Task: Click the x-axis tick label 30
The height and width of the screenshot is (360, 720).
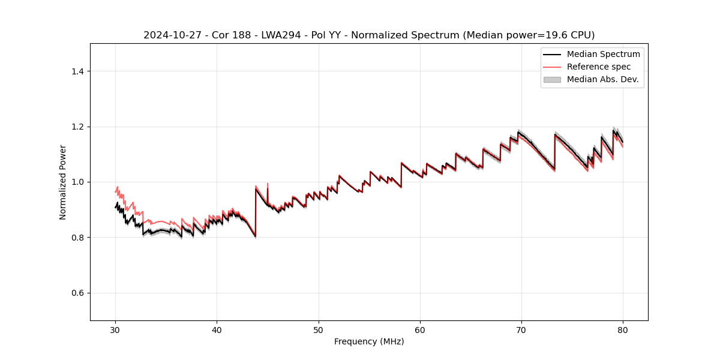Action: [x=115, y=329]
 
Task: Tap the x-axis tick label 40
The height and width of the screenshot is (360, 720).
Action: [x=217, y=329]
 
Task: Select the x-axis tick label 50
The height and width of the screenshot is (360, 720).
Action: [x=319, y=329]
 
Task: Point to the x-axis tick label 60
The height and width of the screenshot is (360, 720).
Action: [x=420, y=329]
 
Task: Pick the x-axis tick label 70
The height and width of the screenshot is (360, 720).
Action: [x=521, y=329]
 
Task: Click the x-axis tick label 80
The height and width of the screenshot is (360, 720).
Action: [x=623, y=329]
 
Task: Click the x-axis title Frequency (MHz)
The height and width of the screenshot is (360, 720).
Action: [x=369, y=341]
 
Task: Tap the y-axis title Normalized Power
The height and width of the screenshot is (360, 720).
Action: [x=63, y=182]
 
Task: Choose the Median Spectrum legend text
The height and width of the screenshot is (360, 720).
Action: [x=603, y=54]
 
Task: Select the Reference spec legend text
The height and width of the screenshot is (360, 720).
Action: [x=599, y=67]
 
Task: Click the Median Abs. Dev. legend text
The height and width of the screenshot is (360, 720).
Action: [x=602, y=79]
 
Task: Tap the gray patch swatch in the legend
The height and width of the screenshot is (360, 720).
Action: [x=552, y=79]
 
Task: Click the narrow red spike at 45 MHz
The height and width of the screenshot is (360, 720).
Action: [x=268, y=185]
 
